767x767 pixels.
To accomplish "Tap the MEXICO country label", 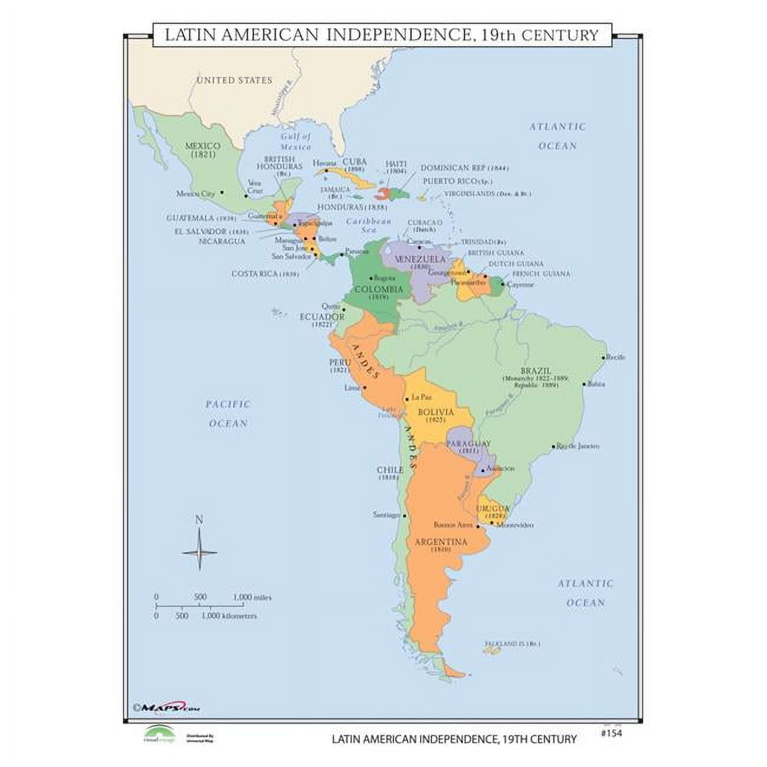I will click(x=202, y=146).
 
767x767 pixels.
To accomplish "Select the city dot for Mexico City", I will click(x=222, y=192).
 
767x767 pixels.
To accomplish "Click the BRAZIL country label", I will click(x=535, y=371).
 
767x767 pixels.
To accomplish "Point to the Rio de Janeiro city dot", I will click(x=553, y=447).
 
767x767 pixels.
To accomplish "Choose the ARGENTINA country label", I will click(x=440, y=542).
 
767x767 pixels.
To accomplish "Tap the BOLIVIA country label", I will click(x=435, y=412).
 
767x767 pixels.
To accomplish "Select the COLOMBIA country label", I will click(x=378, y=289).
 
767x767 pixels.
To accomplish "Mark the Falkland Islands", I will click(x=492, y=650).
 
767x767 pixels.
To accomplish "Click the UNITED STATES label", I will click(x=234, y=80).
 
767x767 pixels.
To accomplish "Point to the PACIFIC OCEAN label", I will click(x=228, y=414).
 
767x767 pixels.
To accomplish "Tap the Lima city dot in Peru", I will click(x=365, y=388).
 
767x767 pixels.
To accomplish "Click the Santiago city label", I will click(x=386, y=514).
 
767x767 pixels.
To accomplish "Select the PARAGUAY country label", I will click(x=468, y=443).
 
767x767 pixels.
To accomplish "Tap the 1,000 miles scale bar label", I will click(x=253, y=597).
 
